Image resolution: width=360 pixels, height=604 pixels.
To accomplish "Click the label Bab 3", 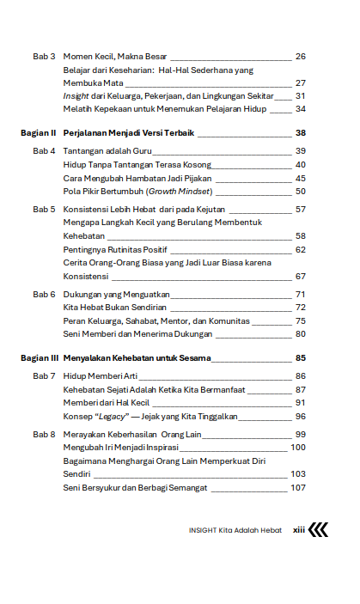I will click(45, 57).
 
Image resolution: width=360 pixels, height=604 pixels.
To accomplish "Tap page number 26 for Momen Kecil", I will click(300, 57).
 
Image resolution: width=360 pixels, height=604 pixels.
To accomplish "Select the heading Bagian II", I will click(39, 133).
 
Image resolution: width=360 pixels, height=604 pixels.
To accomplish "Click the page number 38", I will click(300, 133).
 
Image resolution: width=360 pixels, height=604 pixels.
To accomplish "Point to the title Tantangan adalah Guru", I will click(102, 151).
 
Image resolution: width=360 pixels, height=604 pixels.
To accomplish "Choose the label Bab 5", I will click(45, 209).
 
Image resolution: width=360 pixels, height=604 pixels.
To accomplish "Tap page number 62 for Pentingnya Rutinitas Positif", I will click(300, 249).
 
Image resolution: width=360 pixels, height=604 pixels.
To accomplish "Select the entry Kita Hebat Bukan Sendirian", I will click(114, 307).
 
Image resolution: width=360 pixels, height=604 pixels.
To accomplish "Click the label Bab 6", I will click(45, 294).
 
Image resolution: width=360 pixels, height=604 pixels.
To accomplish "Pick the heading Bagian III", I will click(40, 358).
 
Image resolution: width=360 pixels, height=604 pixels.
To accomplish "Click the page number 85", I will click(300, 358).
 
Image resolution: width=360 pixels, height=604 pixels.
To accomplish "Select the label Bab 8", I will click(45, 434).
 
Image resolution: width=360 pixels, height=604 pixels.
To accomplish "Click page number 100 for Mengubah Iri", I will click(297, 447).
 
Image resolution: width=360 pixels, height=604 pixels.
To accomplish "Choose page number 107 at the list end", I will click(297, 488).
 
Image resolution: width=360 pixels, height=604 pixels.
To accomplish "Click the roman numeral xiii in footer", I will click(299, 530).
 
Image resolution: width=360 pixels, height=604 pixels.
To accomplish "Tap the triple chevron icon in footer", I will click(319, 530).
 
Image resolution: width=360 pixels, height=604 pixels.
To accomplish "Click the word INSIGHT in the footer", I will click(203, 530).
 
